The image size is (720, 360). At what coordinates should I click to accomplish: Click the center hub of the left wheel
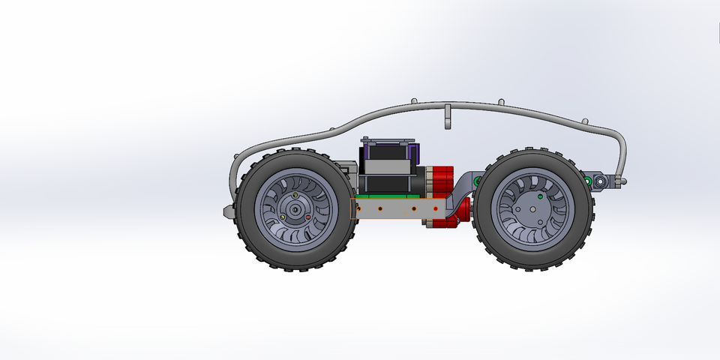tap(295, 210)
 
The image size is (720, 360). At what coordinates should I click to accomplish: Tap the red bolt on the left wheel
tap(307, 217)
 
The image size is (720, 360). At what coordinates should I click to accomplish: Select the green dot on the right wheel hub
tap(541, 196)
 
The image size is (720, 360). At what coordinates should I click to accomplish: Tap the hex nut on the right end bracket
tap(601, 181)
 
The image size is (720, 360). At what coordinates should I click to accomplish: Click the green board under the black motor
tap(390, 197)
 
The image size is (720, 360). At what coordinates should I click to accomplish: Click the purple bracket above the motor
tap(412, 157)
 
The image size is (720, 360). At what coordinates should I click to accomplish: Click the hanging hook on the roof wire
tap(447, 118)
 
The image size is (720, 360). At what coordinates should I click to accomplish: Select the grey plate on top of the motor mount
tap(387, 140)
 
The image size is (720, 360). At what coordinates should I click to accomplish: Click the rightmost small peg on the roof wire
tap(586, 121)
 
